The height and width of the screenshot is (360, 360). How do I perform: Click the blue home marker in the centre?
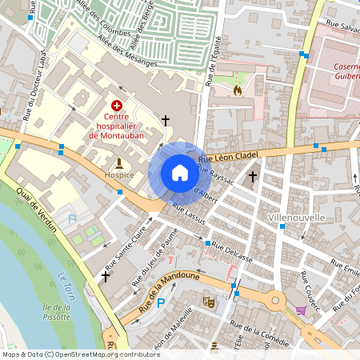pyautogui.click(x=179, y=173)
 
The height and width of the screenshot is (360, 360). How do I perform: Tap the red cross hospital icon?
pyautogui.click(x=117, y=105)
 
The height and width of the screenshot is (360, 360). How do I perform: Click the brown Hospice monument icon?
pyautogui.click(x=119, y=162)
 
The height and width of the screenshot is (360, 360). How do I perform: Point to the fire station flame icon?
pyautogui.click(x=237, y=90)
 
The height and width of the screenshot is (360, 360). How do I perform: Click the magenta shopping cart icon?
pyautogui.click(x=301, y=310)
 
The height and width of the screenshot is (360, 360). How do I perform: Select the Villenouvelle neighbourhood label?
pyautogui.click(x=296, y=218)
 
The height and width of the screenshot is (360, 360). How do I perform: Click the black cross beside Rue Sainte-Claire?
pyautogui.click(x=105, y=276)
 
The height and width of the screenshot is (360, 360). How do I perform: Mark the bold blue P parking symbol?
pyautogui.click(x=161, y=303)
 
